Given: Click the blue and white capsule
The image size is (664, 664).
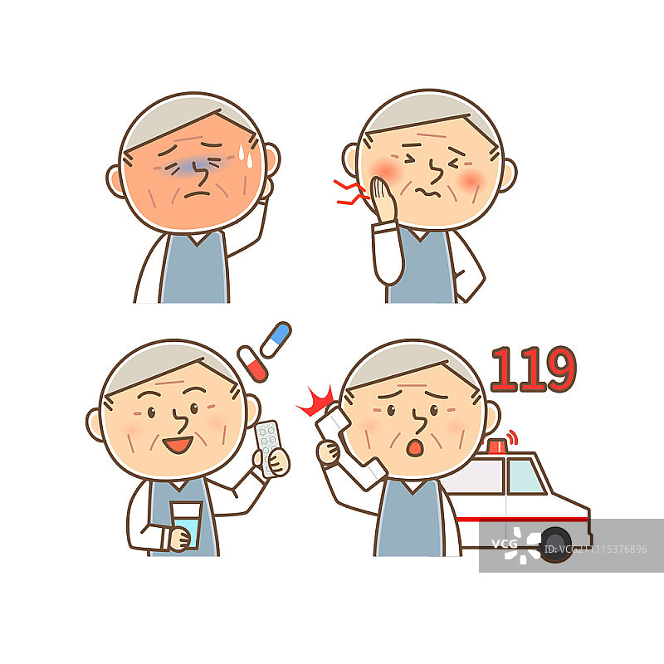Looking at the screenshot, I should pos(276,339).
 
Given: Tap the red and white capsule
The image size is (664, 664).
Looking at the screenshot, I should pos(251,364).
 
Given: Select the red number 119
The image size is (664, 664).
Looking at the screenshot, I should pos(532,370).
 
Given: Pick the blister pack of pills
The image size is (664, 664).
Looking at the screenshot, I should pos(268,446).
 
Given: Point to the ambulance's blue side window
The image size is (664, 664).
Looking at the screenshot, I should pos(525,476).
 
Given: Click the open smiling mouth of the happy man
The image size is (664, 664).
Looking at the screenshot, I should pos(176,446).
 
